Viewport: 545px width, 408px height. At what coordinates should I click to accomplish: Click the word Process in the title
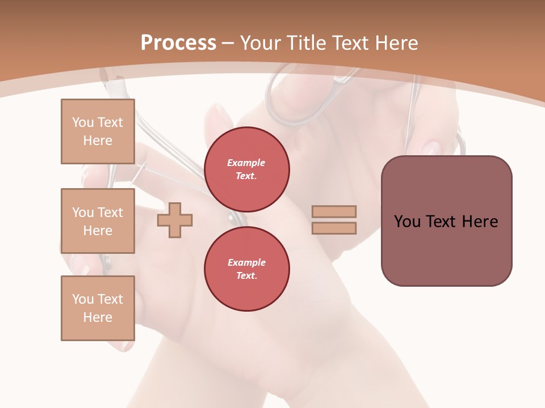(178, 43)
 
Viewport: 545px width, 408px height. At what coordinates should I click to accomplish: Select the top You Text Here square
(98, 131)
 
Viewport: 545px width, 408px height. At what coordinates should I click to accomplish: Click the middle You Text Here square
(98, 221)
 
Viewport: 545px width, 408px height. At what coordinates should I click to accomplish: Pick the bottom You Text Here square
(98, 308)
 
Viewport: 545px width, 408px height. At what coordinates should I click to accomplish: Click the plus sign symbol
(175, 220)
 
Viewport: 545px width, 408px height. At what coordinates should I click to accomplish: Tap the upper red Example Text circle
(246, 169)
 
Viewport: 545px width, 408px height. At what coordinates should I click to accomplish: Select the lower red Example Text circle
(246, 269)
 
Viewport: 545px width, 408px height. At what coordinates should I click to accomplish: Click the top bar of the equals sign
(334, 212)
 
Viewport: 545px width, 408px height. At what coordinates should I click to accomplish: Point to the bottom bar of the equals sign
(334, 228)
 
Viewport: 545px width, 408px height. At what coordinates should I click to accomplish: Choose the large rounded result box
(446, 221)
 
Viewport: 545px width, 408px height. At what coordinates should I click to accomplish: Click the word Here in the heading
(396, 43)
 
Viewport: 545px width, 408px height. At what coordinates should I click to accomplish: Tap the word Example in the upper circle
(246, 163)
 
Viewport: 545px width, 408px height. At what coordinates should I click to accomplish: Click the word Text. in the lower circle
(246, 276)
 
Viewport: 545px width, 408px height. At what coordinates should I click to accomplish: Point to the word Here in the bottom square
(98, 317)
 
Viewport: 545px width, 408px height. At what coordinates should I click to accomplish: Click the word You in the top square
(82, 122)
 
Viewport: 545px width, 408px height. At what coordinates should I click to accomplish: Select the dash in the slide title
(228, 43)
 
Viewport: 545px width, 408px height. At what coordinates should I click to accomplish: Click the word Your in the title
(260, 43)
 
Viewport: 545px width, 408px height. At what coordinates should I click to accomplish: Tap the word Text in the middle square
(110, 212)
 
